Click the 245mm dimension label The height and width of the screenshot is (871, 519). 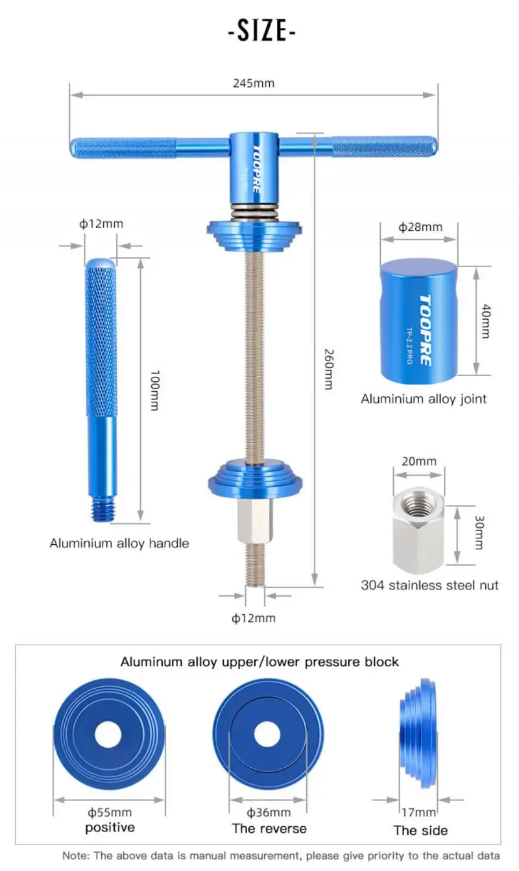pos(253,83)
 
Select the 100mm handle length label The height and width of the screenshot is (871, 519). pos(154,390)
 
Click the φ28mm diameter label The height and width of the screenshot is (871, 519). pos(420,227)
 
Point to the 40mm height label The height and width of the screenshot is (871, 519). pos(486,320)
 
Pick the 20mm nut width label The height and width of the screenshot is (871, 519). pos(418,461)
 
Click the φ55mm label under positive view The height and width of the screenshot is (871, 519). pos(110,812)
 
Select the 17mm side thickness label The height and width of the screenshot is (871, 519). pos(418,812)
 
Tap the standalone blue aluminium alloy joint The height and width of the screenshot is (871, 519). pos(419,321)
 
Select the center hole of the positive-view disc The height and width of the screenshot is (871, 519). pos(109,734)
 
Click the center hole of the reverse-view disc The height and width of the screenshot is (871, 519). pos(267,734)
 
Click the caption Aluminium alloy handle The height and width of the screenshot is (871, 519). pos(119,543)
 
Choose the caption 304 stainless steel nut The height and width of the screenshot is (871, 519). pos(429,585)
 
